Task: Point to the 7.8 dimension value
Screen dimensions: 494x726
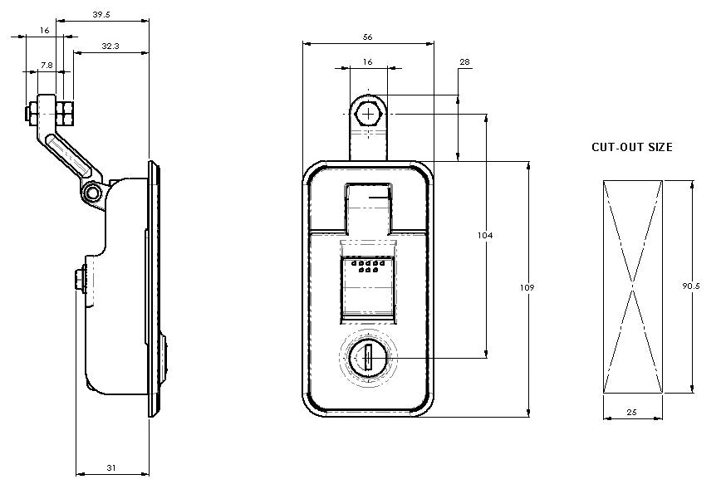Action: [47, 65]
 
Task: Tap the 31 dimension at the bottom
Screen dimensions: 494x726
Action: [111, 468]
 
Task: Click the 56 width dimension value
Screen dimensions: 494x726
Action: [367, 37]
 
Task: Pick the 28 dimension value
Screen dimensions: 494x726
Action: [464, 62]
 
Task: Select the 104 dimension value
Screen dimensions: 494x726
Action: [486, 236]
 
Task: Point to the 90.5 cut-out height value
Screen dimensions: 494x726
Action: [692, 286]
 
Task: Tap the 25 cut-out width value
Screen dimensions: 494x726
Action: [632, 411]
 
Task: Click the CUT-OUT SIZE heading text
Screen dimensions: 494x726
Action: [632, 147]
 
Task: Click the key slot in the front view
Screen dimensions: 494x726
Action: [366, 358]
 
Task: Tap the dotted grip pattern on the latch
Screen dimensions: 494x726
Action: [366, 267]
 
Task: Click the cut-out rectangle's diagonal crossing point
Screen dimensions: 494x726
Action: [633, 286]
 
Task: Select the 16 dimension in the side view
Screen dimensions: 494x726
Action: [44, 30]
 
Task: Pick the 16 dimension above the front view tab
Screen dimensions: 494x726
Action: [368, 62]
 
